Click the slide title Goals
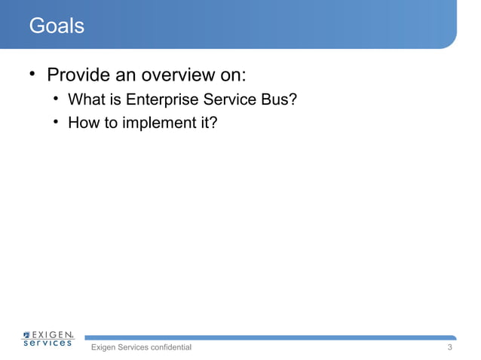click(56, 26)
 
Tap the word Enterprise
click(163, 100)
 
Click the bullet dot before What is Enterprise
click(56, 100)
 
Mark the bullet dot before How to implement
click(56, 122)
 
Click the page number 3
click(450, 348)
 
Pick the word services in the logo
click(47, 343)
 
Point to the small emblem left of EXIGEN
click(27, 334)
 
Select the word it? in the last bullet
click(209, 123)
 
